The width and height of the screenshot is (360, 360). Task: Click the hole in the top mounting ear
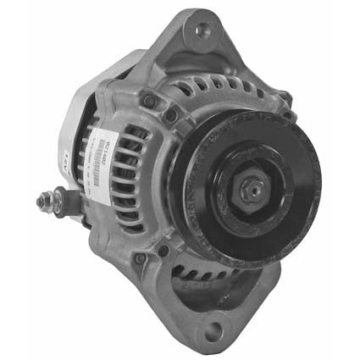tap(200, 31)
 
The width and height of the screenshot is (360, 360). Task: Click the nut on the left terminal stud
tap(50, 202)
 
